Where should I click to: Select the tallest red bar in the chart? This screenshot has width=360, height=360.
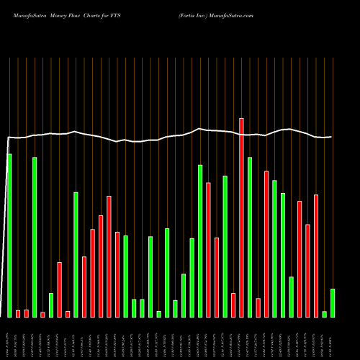pyautogui.click(x=241, y=217)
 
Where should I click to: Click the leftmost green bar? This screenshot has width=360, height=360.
pyautogui.click(x=9, y=235)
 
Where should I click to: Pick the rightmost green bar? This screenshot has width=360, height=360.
pyautogui.click(x=333, y=302)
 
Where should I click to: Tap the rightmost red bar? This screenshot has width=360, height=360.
pyautogui.click(x=316, y=255)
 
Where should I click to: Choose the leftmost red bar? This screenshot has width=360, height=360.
pyautogui.click(x=18, y=313)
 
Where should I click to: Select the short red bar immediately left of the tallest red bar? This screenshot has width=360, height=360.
pyautogui.click(x=233, y=305)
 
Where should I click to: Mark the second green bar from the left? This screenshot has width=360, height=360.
pyautogui.click(x=35, y=236)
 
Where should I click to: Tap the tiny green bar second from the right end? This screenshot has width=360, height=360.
pyautogui.click(x=325, y=314)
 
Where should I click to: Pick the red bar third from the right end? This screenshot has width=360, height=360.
pyautogui.click(x=300, y=258)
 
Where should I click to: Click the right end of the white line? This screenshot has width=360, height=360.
pyautogui.click(x=331, y=137)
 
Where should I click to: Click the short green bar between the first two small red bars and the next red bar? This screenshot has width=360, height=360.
pyautogui.click(x=51, y=305)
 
